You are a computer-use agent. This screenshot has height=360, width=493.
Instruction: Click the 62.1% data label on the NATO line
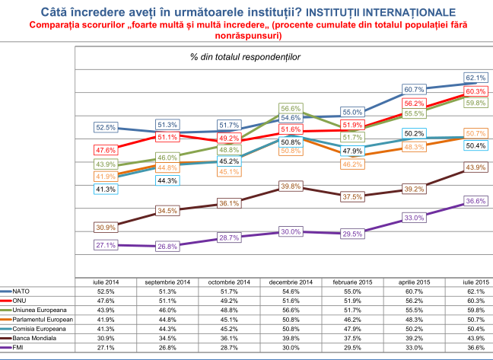point(475,78)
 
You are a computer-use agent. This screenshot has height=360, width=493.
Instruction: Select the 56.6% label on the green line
point(291,108)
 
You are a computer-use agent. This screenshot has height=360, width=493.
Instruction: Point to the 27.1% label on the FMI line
point(106,245)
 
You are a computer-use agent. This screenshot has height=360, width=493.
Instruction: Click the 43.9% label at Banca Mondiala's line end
point(475,167)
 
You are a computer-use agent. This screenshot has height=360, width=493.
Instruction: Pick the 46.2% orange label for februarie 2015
point(352,164)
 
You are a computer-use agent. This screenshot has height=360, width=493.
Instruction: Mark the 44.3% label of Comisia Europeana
point(167,180)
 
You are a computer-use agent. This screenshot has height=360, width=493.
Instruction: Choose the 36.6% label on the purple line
point(475,201)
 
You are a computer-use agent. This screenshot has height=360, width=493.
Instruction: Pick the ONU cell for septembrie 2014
point(167,299)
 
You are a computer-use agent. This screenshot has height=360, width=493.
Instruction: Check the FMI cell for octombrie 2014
point(229,348)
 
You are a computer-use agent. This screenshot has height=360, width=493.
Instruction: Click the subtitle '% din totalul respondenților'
point(246,56)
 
